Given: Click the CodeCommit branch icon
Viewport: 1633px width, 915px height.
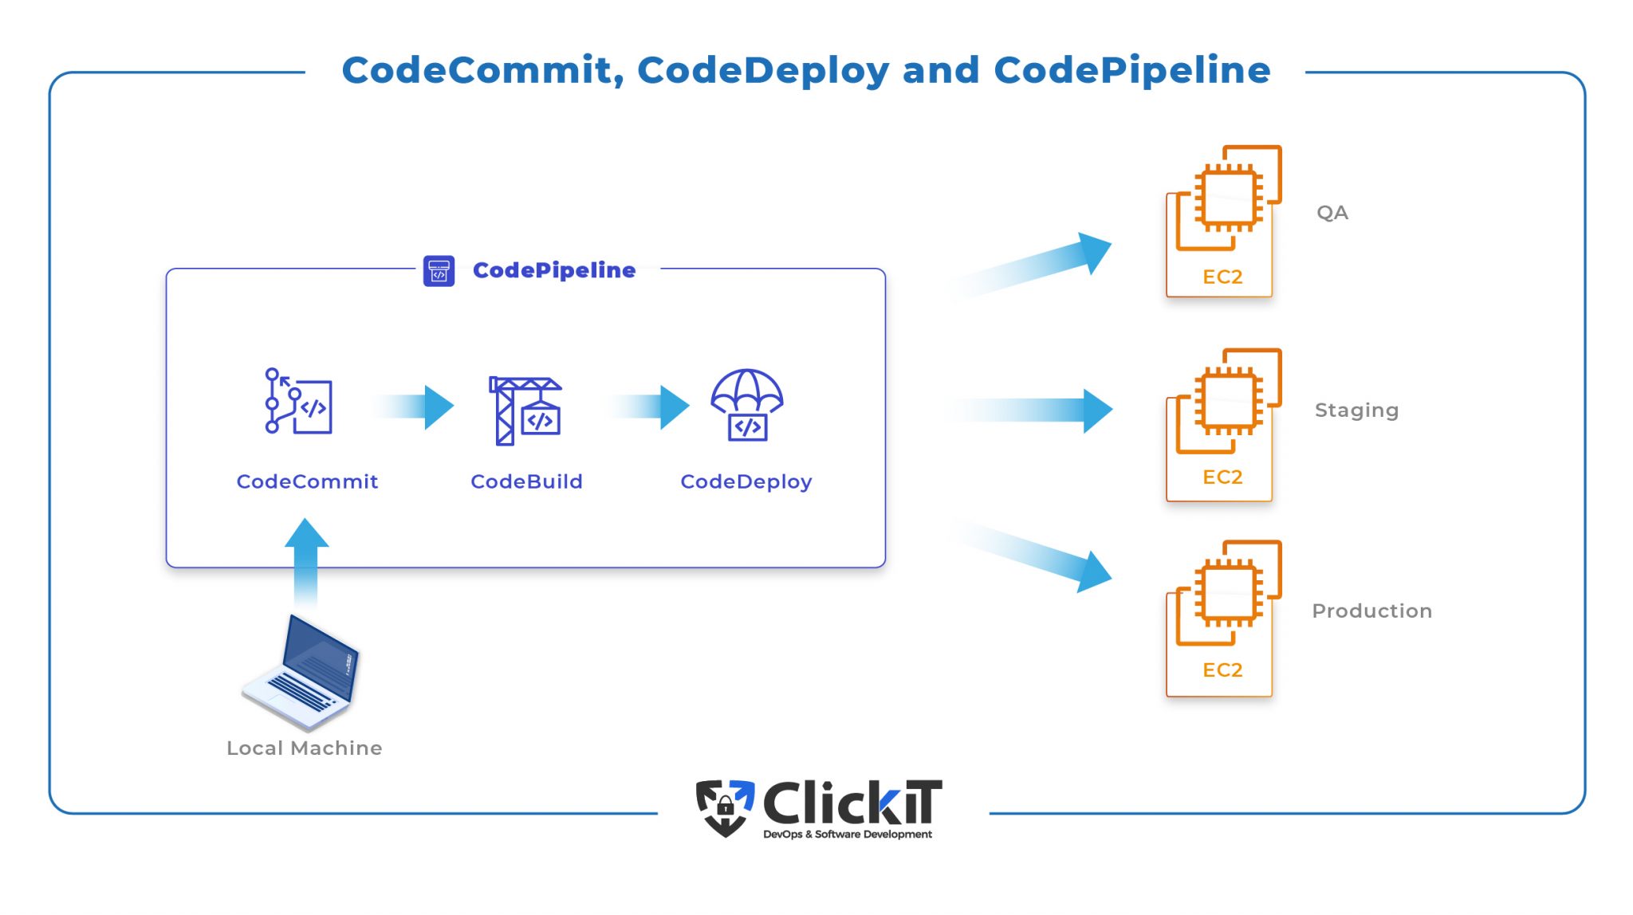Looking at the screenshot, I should click(298, 401).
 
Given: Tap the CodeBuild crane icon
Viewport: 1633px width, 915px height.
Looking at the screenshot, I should click(525, 410).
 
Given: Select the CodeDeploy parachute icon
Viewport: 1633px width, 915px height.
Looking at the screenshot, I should click(746, 404).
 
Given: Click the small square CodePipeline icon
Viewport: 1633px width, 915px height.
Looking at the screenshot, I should click(439, 271).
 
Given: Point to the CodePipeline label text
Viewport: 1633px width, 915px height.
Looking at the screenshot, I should click(554, 271).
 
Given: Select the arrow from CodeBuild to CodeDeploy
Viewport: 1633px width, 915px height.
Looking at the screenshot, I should click(650, 407).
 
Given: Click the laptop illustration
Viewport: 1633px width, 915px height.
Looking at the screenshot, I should click(302, 672).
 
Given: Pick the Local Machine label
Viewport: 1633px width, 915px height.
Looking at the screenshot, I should click(304, 748).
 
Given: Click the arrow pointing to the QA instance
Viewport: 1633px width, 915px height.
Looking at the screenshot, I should click(1037, 263).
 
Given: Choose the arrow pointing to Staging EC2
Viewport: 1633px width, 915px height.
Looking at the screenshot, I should click(1037, 410).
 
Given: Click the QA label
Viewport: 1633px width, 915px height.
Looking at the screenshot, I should click(1332, 213).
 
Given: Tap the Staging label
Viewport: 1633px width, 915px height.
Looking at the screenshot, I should click(1356, 410).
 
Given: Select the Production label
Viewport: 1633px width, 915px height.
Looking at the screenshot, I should click(1371, 611).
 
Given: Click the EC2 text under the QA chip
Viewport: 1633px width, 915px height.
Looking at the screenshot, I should click(1222, 277).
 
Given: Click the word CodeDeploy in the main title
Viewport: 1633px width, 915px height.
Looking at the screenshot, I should click(763, 70).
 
